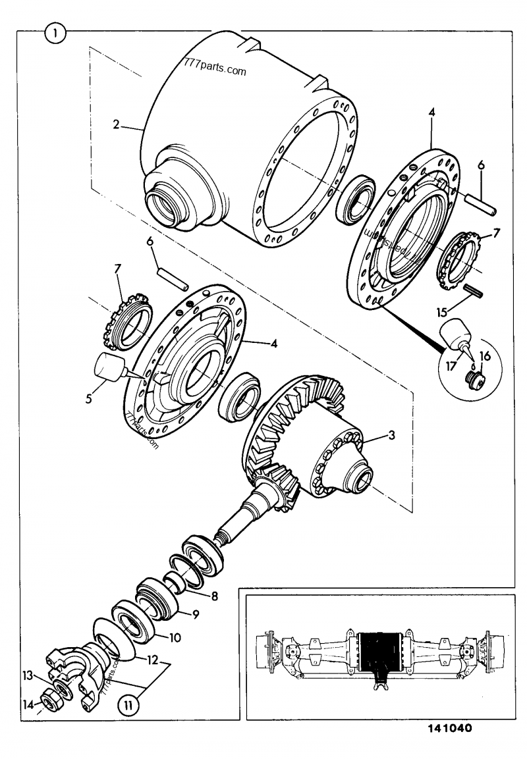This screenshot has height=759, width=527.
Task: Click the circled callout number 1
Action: (55, 32)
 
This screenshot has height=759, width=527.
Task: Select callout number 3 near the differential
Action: (392, 435)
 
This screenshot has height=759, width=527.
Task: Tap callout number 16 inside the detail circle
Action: (486, 355)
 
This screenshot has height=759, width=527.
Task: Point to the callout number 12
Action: (151, 659)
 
